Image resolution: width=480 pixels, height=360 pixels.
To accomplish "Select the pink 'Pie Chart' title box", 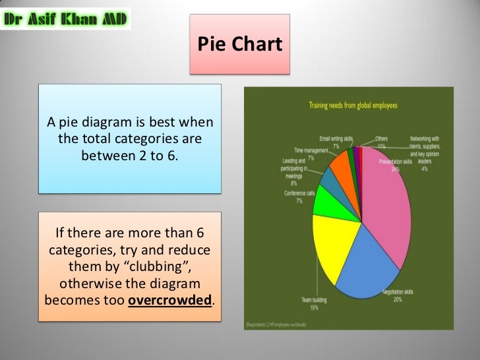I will (x=239, y=44).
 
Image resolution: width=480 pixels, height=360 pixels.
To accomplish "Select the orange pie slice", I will (x=342, y=169).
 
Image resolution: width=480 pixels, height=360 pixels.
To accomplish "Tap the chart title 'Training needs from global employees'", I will (x=353, y=105).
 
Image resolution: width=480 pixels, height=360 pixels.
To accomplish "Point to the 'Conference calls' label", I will (x=299, y=196).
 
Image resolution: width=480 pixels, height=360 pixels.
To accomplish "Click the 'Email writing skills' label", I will (x=336, y=139).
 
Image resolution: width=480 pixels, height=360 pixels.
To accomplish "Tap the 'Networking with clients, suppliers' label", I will (x=424, y=145).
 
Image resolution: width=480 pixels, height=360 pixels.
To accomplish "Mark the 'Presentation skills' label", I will (x=396, y=162).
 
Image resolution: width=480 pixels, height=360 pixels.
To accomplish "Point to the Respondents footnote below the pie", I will (x=284, y=325).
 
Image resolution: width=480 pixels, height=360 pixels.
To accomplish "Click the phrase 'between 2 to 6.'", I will (x=130, y=156).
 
